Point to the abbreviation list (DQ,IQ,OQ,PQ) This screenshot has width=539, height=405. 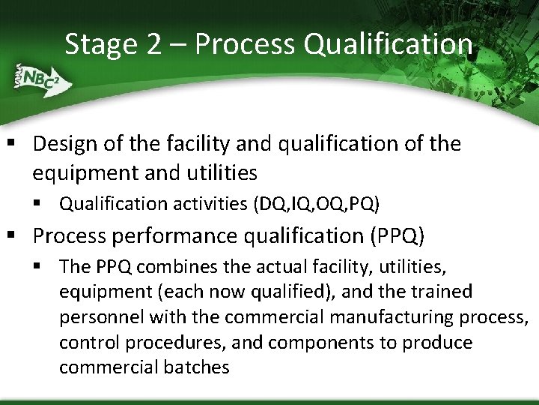[317, 203]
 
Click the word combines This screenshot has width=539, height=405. [173, 266]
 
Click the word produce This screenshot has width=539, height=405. [438, 342]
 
